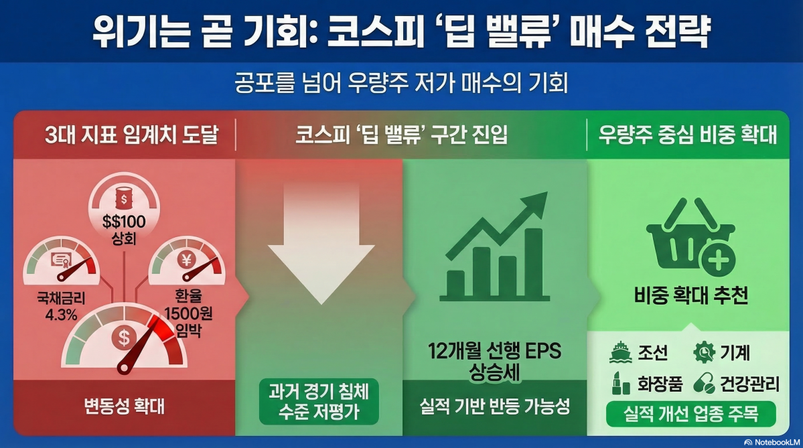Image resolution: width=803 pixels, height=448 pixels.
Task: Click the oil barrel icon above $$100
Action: point(123,198)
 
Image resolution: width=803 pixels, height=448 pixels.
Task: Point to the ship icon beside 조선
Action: point(621,352)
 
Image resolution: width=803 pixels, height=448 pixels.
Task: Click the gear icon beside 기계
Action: point(704,352)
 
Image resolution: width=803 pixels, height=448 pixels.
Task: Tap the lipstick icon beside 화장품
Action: point(621,384)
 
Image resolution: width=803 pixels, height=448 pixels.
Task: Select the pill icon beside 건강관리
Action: point(704,384)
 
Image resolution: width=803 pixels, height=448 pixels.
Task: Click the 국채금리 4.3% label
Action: point(61,306)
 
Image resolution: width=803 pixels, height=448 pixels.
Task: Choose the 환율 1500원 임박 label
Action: point(188,313)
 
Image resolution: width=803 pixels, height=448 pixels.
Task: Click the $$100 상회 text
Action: point(124,230)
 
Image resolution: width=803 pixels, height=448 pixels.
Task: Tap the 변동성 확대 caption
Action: point(125,406)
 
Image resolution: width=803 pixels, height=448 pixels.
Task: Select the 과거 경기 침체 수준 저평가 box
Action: point(319,402)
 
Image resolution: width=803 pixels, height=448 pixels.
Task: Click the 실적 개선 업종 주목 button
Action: point(691,414)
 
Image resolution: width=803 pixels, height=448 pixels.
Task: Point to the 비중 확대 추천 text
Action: point(691,295)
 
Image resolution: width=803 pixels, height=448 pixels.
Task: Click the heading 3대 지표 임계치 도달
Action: point(132,135)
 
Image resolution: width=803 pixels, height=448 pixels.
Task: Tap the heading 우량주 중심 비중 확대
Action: point(688,135)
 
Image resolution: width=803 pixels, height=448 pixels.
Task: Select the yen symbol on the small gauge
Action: point(186,260)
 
